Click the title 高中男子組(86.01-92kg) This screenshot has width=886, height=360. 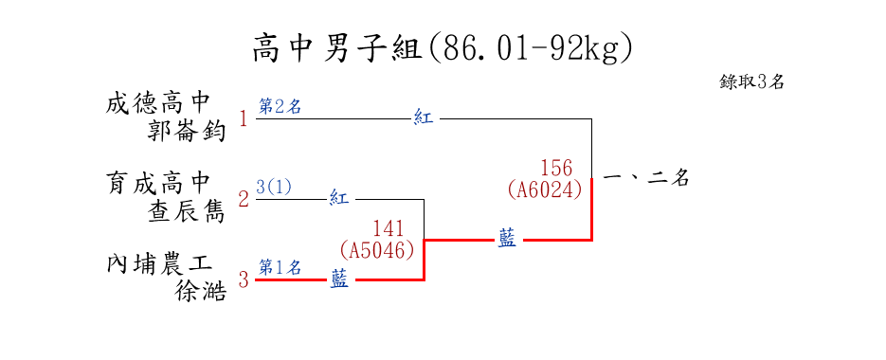[x=443, y=49]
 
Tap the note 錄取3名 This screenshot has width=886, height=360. [x=751, y=81]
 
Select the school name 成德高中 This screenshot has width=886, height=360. [x=158, y=103]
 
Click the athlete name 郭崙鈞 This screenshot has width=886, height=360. [x=187, y=132]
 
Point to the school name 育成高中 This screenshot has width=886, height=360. [x=158, y=183]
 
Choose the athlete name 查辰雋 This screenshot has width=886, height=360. [x=187, y=212]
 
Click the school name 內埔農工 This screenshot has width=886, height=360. [x=159, y=264]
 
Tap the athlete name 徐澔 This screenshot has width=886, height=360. [x=201, y=292]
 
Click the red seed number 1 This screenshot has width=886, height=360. [x=244, y=119]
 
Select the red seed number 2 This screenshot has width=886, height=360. [x=244, y=199]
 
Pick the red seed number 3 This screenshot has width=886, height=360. [x=244, y=279]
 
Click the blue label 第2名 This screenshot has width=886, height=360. [x=280, y=106]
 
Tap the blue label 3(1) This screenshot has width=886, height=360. [x=274, y=187]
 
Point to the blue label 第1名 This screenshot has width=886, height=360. [x=280, y=267]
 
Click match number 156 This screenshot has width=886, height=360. [x=556, y=168]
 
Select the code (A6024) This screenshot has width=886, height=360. [x=545, y=189]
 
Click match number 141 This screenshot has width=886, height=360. [x=389, y=228]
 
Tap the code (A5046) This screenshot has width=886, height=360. [x=377, y=249]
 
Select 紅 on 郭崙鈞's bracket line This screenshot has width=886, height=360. [x=424, y=118]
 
